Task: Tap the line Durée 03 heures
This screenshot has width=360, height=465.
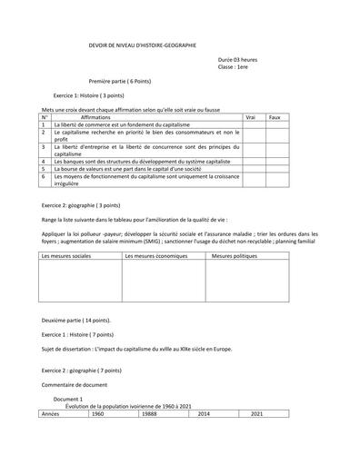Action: [238, 59]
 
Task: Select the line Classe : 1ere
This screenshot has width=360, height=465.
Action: [233, 67]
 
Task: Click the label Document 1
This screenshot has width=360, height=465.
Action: [68, 399]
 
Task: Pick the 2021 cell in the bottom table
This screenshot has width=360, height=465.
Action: [256, 413]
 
